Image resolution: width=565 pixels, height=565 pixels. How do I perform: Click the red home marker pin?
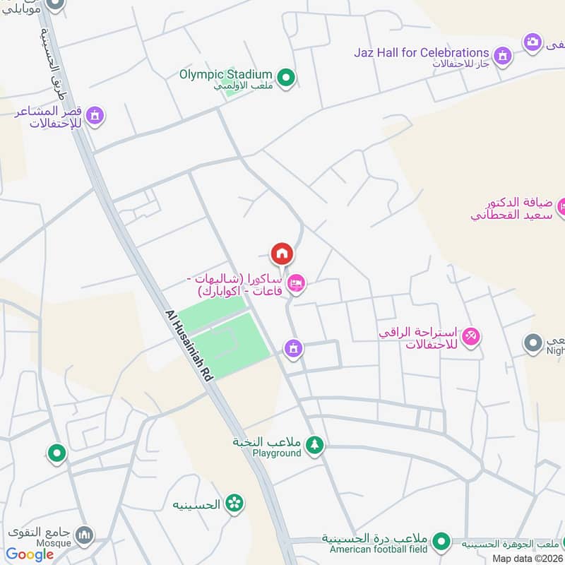(x=281, y=254)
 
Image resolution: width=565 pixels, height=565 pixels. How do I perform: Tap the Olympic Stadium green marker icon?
(x=285, y=78)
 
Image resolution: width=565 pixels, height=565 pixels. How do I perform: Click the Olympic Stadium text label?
(x=225, y=74)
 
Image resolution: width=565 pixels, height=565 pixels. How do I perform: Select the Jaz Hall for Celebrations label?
(x=422, y=53)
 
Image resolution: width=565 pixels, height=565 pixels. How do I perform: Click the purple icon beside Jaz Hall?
(x=502, y=55)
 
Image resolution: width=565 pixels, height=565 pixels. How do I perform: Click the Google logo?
(x=30, y=554)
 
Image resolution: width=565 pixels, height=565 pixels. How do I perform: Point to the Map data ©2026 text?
(x=526, y=558)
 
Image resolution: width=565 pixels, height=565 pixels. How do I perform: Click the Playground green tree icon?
(x=314, y=446)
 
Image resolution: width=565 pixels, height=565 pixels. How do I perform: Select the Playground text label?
(x=277, y=453)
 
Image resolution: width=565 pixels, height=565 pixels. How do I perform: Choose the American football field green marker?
(x=441, y=542)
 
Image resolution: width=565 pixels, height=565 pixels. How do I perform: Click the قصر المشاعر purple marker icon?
(x=95, y=116)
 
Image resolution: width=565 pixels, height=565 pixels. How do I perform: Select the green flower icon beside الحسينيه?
(x=234, y=504)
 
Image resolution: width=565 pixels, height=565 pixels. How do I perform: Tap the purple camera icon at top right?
(x=533, y=42)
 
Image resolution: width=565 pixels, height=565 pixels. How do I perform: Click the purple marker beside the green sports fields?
(x=293, y=348)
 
